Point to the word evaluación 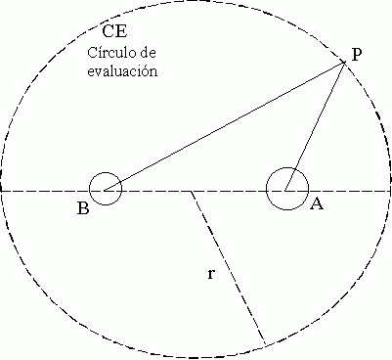click(123, 71)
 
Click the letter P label click(358, 55)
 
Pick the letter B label click(83, 206)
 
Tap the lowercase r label click(212, 274)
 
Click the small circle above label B click(106, 190)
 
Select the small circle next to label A click(287, 186)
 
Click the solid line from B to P click(225, 126)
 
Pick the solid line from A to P click(316, 124)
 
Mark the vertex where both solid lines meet click(344, 64)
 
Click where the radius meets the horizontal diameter click(192, 191)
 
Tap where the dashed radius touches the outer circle click(265, 343)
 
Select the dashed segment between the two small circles click(196, 191)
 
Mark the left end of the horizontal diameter click(2, 190)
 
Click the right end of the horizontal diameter click(389, 191)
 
